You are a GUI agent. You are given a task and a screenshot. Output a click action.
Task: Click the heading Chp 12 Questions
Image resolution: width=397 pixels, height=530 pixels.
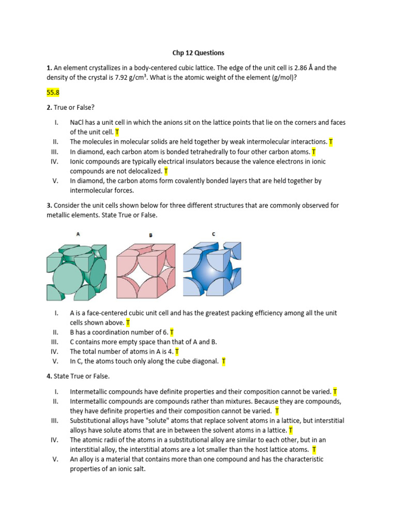point(198,53)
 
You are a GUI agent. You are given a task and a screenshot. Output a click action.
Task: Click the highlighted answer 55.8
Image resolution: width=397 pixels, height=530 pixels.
point(53,93)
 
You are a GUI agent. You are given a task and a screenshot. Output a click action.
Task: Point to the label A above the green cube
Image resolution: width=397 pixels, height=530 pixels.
point(78,234)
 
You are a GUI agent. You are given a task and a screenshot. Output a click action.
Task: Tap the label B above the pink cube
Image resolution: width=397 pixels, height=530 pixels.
point(150,235)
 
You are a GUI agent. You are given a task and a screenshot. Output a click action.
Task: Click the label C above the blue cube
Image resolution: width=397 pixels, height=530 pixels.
point(213,234)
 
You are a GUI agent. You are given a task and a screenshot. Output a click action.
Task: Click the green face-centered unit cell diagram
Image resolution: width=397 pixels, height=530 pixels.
point(77,271)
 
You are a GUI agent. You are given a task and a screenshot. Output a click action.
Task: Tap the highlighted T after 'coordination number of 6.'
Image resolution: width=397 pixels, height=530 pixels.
point(172,332)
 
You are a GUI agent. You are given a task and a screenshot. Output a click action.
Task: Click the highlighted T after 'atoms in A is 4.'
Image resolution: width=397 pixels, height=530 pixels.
point(177,351)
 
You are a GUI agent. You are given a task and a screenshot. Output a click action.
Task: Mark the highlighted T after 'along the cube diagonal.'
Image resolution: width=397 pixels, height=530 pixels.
point(224,361)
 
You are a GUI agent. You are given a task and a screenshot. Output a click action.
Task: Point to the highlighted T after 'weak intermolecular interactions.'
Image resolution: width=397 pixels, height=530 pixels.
point(331,142)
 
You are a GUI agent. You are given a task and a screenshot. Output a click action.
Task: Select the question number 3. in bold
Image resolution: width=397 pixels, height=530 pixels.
point(49,205)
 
